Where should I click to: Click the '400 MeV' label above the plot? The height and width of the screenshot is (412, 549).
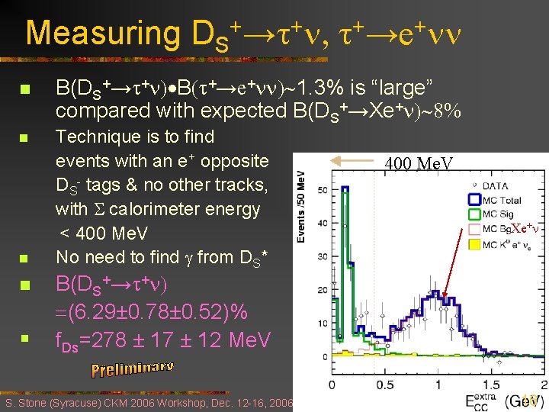click(419, 163)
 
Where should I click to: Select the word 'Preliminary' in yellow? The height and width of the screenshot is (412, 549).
click(133, 369)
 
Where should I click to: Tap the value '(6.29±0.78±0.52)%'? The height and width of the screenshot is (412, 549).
click(152, 311)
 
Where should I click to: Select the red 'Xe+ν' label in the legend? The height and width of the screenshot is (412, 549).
click(525, 228)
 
